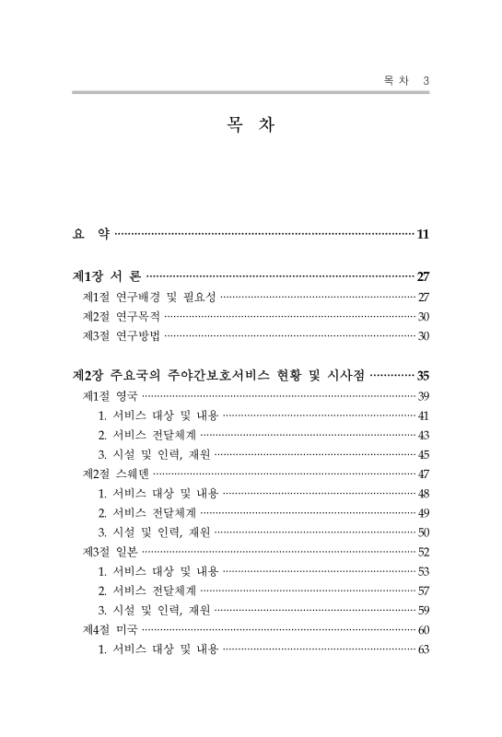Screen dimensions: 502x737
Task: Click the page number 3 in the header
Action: click(x=426, y=81)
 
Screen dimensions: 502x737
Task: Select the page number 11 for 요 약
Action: click(x=423, y=234)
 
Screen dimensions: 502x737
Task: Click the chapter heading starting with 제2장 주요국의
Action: click(x=219, y=375)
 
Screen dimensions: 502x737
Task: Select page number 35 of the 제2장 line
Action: click(x=423, y=375)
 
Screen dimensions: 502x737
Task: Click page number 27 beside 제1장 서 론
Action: click(x=423, y=275)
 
